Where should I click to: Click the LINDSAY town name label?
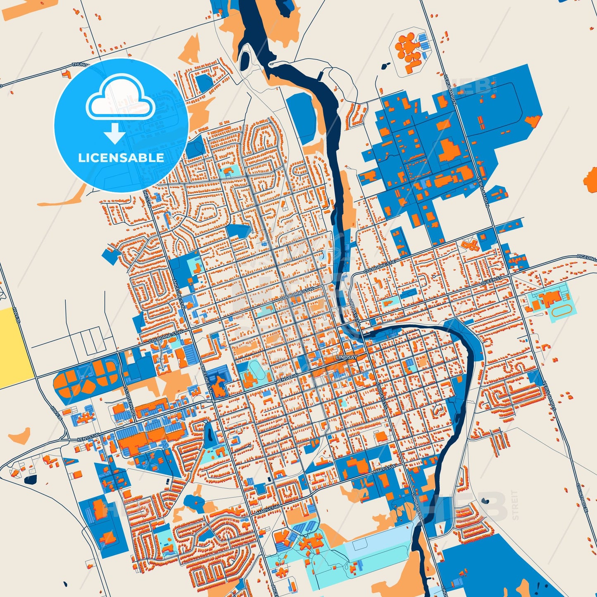coord(346,357)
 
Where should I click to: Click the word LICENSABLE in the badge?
coord(121,158)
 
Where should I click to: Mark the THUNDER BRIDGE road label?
coord(83,65)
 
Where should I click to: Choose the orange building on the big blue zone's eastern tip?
coord(533,120)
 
